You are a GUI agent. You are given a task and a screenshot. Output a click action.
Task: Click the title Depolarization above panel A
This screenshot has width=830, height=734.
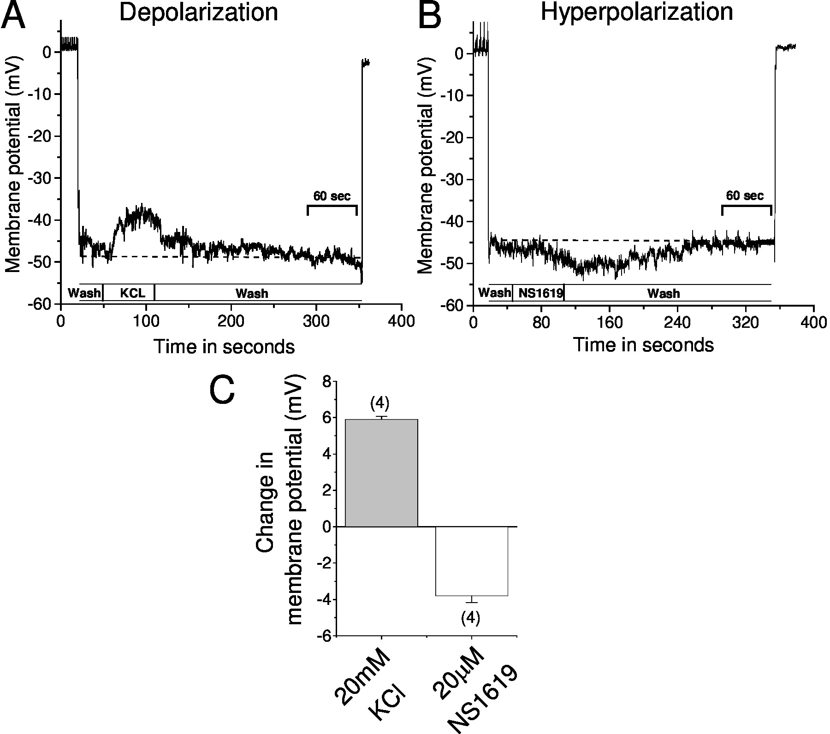[199, 13]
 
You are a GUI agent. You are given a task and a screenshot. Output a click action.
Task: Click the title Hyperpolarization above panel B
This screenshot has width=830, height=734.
[637, 12]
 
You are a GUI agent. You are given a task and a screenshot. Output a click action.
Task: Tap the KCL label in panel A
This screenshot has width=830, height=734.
[133, 293]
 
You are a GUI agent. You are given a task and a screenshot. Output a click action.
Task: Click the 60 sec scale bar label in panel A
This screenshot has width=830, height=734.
[332, 196]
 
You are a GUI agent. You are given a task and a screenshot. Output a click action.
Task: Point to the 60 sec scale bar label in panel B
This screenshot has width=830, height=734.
[745, 195]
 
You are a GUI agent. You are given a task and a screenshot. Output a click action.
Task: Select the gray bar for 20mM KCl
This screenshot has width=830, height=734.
[381, 473]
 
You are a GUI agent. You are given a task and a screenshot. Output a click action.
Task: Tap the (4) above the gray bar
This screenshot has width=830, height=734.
[380, 404]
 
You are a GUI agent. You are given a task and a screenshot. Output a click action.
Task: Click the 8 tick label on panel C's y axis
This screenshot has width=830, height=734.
[326, 382]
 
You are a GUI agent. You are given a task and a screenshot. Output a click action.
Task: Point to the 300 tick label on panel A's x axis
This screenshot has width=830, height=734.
[317, 322]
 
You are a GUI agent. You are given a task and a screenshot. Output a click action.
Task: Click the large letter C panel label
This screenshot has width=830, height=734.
[222, 390]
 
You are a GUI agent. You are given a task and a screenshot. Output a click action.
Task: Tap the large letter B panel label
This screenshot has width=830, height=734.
[429, 17]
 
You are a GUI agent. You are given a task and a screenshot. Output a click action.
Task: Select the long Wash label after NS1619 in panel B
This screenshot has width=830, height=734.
[664, 293]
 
